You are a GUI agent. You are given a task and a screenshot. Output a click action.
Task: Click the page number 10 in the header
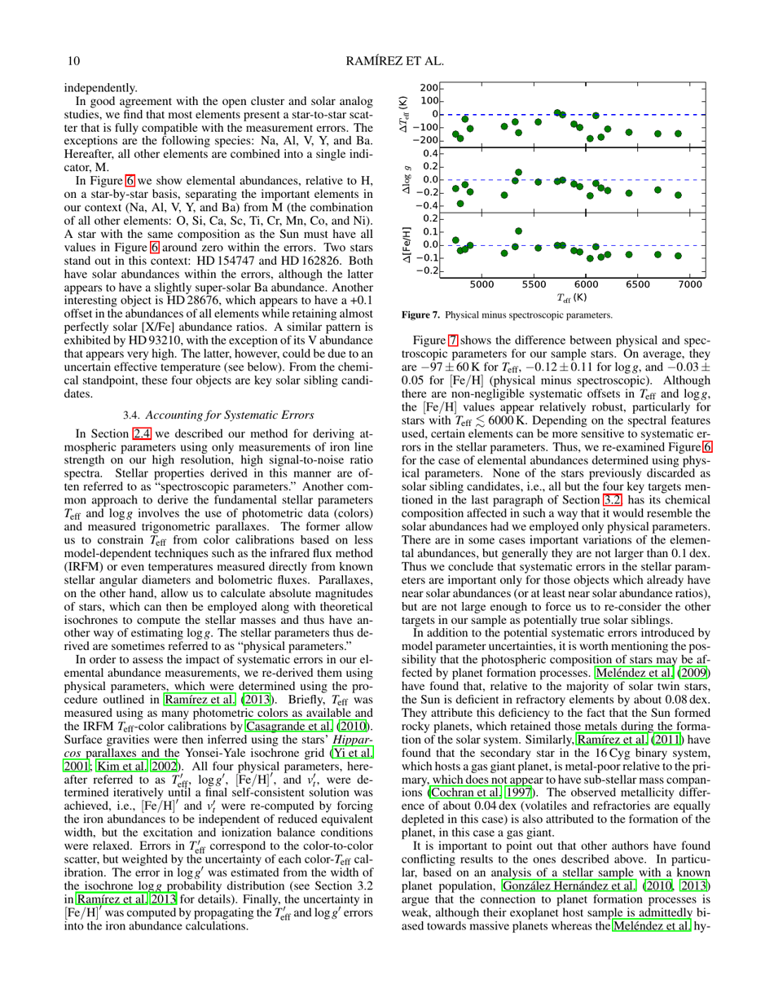click(x=72, y=59)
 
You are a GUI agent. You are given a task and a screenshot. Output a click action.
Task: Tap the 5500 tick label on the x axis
click(x=534, y=285)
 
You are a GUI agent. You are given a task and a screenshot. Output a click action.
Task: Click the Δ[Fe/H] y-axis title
click(x=403, y=244)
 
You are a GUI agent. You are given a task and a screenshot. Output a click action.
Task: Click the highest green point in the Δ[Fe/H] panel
click(x=518, y=231)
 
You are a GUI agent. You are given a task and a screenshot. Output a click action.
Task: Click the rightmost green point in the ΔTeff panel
click(x=676, y=133)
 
